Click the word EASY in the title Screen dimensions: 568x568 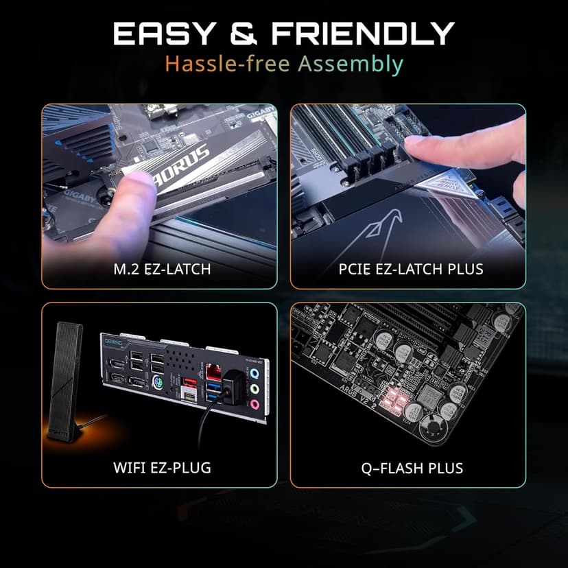158,34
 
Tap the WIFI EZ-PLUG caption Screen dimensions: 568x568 161,469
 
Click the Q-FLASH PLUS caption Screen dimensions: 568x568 412,469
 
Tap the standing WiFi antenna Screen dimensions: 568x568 68,377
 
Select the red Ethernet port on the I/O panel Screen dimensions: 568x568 215,375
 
